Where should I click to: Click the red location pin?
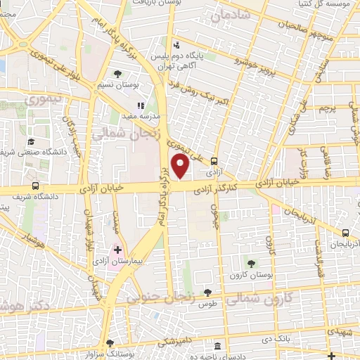[181, 166]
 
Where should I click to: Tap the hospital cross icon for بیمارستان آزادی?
[117, 249]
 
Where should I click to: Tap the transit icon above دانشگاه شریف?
[35, 187]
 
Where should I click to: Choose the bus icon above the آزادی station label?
[214, 160]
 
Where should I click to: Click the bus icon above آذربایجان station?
[345, 233]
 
